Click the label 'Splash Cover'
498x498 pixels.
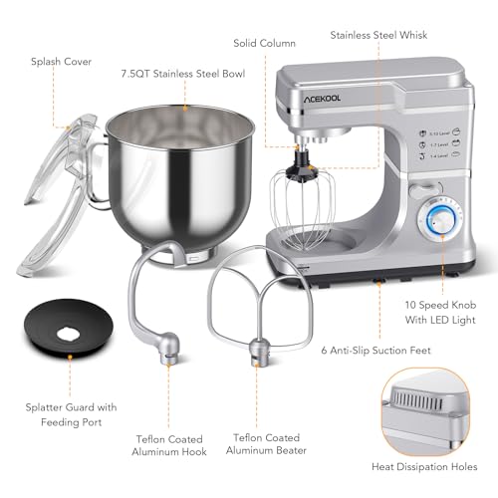(x=63, y=61)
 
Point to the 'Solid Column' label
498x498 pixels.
(x=265, y=44)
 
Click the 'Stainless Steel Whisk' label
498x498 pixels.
(x=379, y=34)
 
